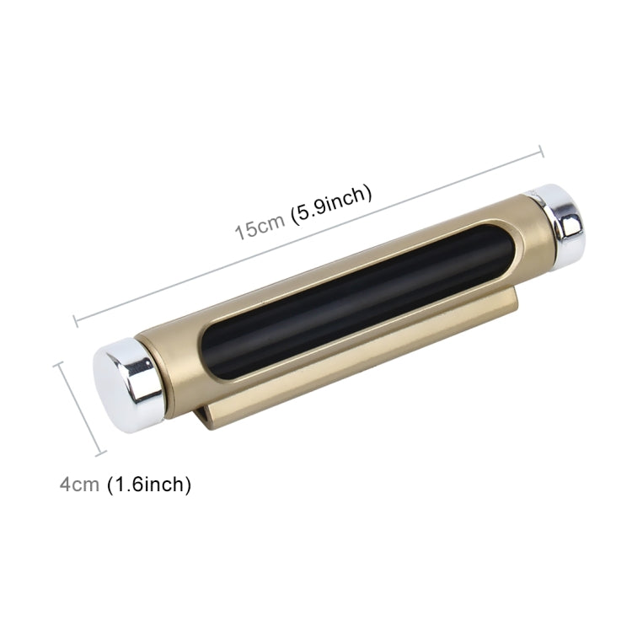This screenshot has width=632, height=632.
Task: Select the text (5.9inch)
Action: (330, 202)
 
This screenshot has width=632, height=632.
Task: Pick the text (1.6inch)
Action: (149, 485)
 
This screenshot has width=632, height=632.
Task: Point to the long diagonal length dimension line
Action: (308, 235)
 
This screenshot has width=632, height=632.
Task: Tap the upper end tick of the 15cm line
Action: (540, 153)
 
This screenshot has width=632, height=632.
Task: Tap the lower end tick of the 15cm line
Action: (76, 319)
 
